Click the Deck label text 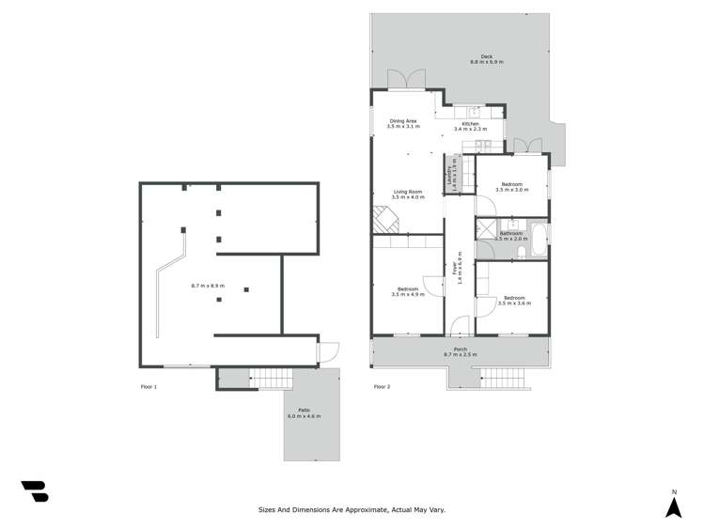tap(487, 56)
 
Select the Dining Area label tap(403, 121)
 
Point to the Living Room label tap(408, 192)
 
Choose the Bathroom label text tap(511, 233)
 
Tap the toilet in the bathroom tap(522, 251)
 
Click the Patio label tap(304, 410)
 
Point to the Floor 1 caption tap(149, 387)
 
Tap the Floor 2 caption tap(382, 387)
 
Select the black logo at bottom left tap(35, 490)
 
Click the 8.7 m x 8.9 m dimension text tap(207, 285)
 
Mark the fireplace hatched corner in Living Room tap(385, 220)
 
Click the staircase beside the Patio tap(271, 379)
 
